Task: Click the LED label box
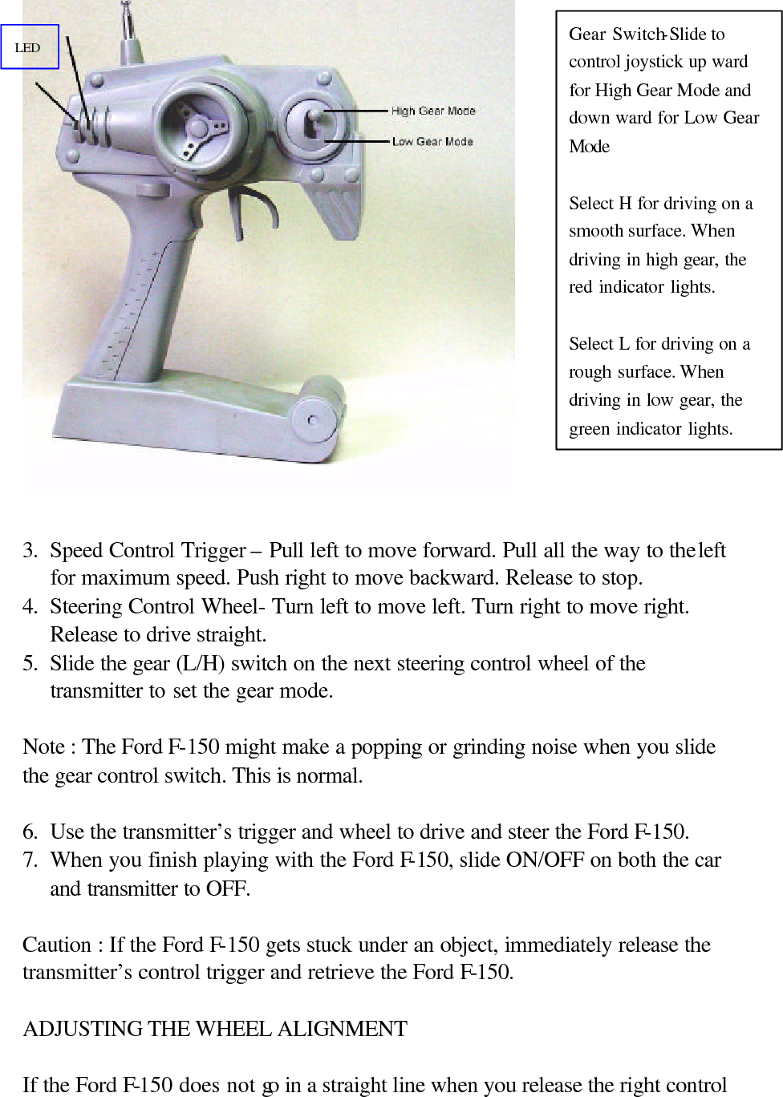[29, 47]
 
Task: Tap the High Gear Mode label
[432, 111]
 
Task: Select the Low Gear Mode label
[432, 141]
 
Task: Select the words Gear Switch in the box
[615, 34]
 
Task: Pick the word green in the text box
[590, 429]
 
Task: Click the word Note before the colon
[43, 747]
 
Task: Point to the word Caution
[56, 945]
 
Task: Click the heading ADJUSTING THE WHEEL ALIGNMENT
[215, 1029]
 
